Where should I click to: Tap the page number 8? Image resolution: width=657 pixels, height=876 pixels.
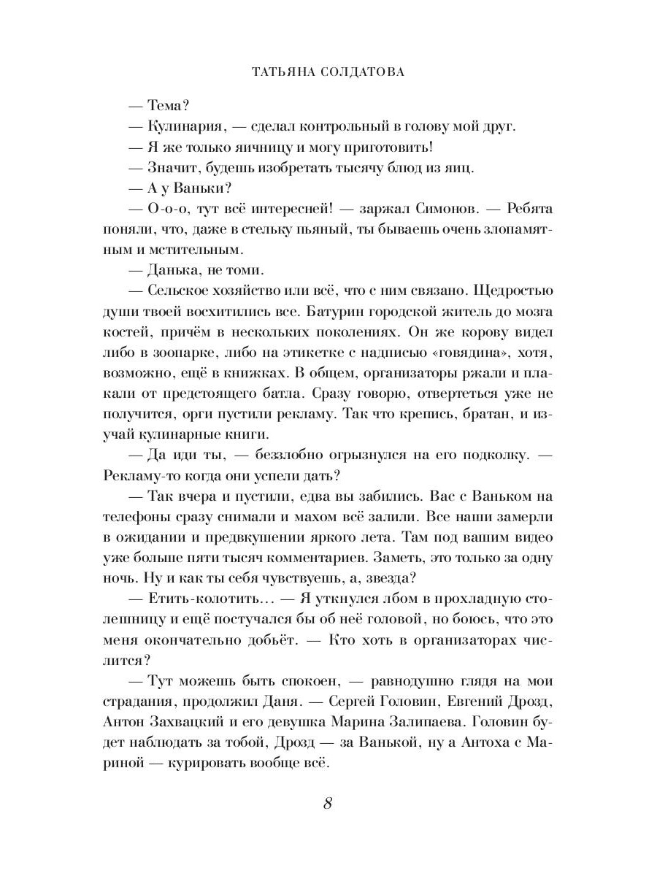point(328,804)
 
